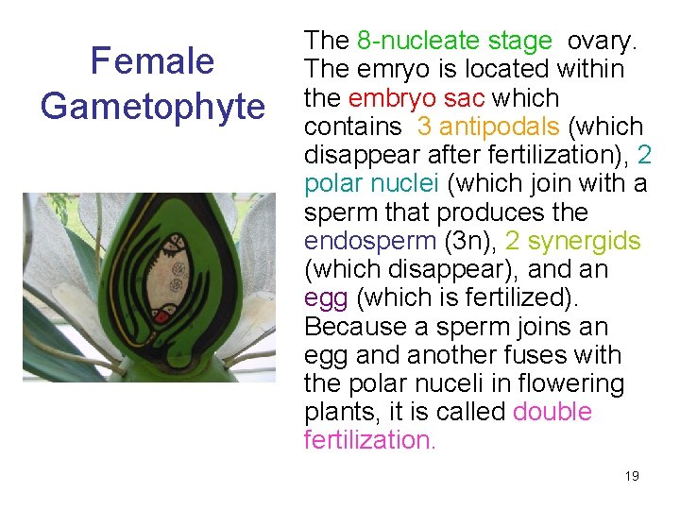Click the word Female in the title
coord(151,62)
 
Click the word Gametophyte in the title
coord(152,106)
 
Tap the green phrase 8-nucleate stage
coord(454,41)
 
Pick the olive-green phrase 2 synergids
coord(572,241)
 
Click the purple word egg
coord(322,298)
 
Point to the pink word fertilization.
coord(370,440)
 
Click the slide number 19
coord(632,475)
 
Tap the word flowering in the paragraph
coord(577,384)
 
